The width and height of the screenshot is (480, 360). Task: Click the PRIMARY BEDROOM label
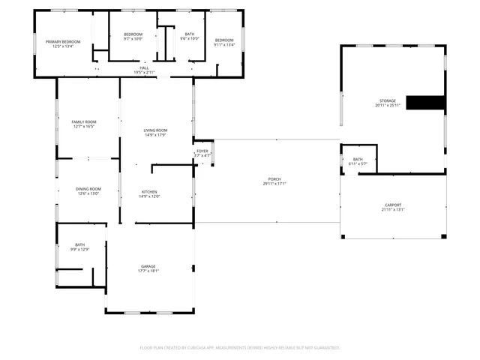63,41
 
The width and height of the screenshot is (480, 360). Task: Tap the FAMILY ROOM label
84,121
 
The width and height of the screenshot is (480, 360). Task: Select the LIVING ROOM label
155,131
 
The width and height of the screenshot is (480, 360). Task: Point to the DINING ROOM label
88,188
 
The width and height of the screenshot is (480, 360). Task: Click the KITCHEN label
149,192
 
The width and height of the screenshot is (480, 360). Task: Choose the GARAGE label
148,266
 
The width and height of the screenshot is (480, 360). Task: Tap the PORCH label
275,178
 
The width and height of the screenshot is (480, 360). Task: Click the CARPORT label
393,205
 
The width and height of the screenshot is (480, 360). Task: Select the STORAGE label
387,100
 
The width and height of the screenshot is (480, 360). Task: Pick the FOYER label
202,151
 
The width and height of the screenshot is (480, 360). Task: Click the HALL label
143,67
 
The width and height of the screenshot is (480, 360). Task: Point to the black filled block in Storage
425,103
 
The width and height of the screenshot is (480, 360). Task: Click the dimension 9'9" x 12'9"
80,250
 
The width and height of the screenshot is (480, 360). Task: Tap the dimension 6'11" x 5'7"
358,163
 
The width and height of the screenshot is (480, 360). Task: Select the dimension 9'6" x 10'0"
190,38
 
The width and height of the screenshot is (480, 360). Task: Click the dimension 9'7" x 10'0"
133,38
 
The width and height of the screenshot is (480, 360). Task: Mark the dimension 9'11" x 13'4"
224,44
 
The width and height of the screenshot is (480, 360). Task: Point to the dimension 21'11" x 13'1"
393,210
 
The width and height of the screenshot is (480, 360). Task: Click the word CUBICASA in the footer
194,347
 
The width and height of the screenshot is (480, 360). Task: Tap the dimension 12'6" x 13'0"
88,193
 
